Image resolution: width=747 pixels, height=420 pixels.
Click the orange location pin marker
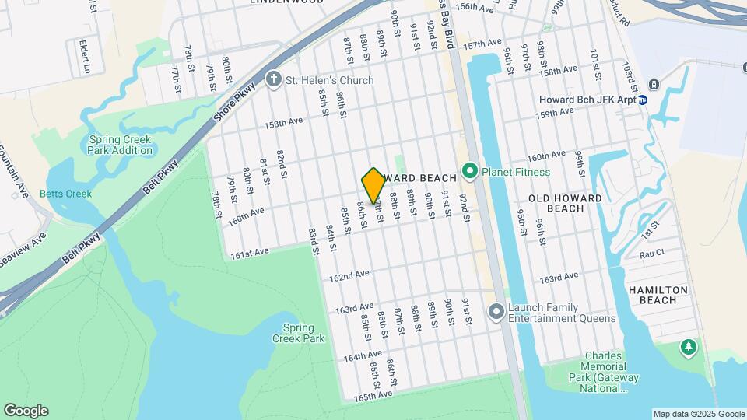[373, 186]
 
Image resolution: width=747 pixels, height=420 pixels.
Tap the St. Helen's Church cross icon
[273, 79]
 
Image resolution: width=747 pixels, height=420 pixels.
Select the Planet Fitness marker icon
[469, 171]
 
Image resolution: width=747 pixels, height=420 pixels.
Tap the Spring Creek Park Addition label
[121, 145]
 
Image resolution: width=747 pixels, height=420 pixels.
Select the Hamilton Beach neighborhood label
[658, 295]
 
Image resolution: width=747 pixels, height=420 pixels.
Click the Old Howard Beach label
[566, 203]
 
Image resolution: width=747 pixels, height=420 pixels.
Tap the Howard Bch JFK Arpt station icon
[643, 100]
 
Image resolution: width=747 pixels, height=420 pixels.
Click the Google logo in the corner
[26, 411]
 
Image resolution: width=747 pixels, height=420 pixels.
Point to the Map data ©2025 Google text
[698, 414]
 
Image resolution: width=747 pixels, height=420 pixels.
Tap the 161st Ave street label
[250, 252]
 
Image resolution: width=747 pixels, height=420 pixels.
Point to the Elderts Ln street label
[83, 54]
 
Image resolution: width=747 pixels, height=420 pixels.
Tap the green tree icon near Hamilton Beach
[687, 346]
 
